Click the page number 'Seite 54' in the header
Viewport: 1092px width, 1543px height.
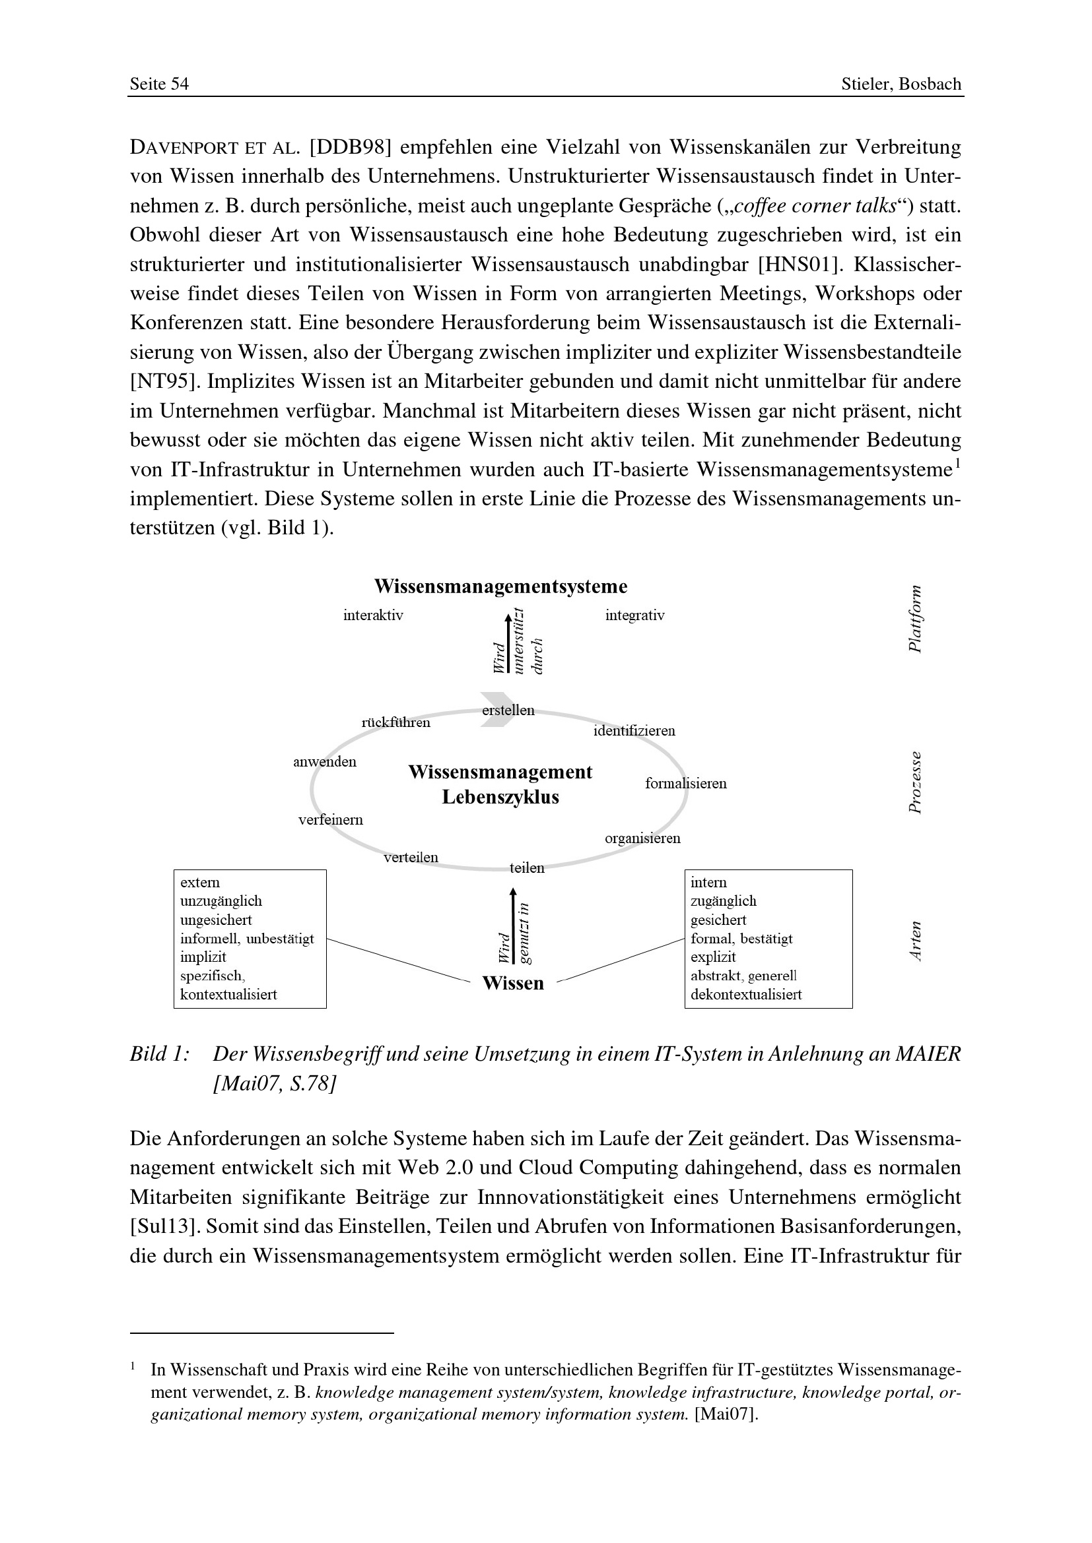point(159,84)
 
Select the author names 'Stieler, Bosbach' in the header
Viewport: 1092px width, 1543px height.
point(901,84)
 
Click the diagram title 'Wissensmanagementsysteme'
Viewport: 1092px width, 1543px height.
point(500,586)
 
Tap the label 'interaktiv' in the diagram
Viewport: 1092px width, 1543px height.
point(373,615)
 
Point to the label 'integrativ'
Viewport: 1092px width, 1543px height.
point(634,615)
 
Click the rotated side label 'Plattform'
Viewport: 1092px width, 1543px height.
point(914,619)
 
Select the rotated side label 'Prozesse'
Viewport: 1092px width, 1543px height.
point(914,782)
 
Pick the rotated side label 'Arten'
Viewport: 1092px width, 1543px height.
point(914,941)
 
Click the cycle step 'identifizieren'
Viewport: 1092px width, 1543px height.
point(634,731)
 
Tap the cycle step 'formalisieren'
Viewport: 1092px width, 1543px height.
point(686,784)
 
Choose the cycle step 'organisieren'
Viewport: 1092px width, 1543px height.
point(643,838)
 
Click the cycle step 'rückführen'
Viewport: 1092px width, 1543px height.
point(396,723)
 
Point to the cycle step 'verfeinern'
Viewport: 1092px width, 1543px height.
point(331,820)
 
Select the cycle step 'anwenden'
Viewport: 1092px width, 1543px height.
point(325,762)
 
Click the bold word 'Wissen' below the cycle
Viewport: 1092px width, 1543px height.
point(513,983)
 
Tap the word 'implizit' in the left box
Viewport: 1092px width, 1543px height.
point(203,957)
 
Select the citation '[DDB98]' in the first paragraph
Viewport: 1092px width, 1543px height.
point(351,147)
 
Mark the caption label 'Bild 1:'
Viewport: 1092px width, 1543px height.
point(159,1054)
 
